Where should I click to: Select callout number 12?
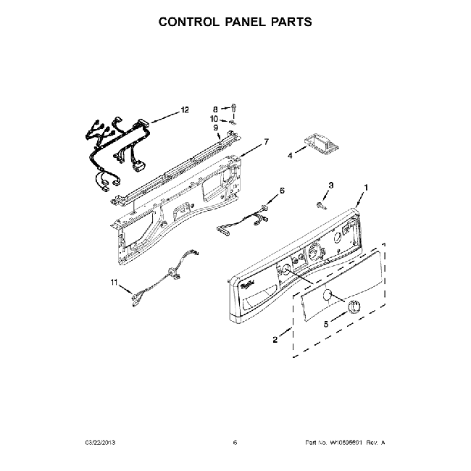click(x=185, y=109)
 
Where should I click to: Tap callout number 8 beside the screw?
click(x=215, y=108)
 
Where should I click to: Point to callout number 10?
click(x=214, y=117)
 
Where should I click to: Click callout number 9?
click(x=215, y=128)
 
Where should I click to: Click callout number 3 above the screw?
click(x=331, y=186)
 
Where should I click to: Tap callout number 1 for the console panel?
click(x=366, y=188)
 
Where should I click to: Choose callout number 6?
click(x=282, y=190)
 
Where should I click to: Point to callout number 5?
click(x=325, y=325)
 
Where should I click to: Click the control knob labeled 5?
click(x=353, y=306)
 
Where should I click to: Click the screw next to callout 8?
click(x=235, y=108)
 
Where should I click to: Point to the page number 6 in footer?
click(x=235, y=442)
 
